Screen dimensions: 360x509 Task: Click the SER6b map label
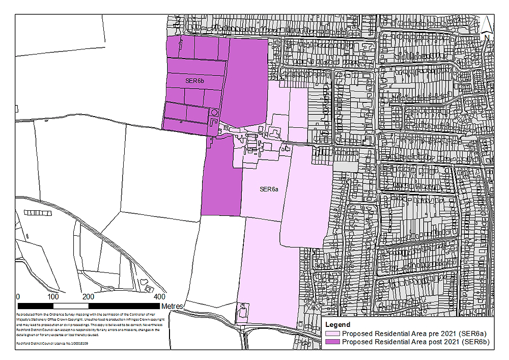tap(194, 81)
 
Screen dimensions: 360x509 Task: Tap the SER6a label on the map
tap(269, 189)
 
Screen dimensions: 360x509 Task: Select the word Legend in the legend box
tap(337, 324)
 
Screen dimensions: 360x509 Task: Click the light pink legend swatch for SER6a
tap(333, 333)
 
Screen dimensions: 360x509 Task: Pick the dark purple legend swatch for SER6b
tap(333, 342)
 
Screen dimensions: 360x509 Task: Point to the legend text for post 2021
tap(416, 342)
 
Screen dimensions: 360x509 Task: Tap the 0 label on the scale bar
tap(18, 297)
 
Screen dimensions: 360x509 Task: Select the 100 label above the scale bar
tap(53, 297)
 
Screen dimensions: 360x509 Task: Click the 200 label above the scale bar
tap(88, 297)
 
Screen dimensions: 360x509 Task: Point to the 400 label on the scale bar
tap(159, 297)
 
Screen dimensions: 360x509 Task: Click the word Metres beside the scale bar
tap(172, 307)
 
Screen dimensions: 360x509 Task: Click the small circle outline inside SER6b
tap(214, 112)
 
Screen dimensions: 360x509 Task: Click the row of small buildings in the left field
tap(35, 212)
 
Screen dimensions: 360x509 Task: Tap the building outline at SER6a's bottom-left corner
tap(242, 311)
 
